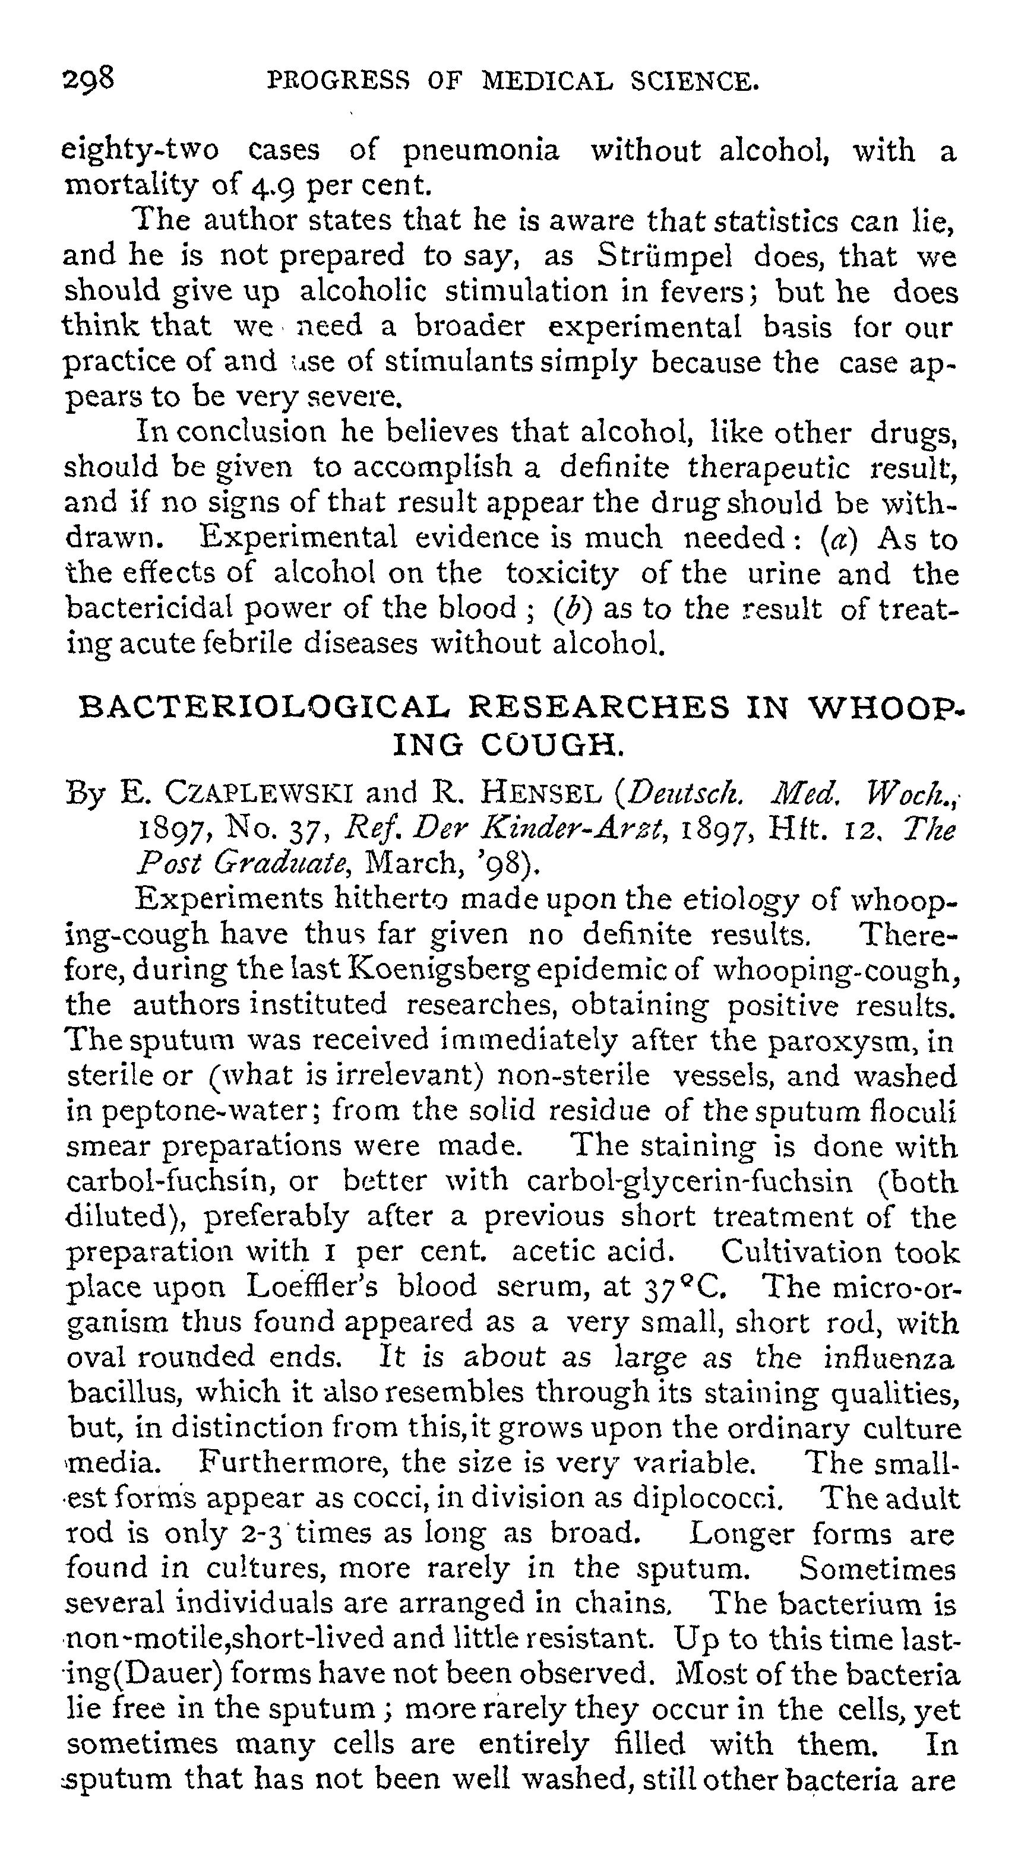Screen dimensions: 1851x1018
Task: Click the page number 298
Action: point(88,78)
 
